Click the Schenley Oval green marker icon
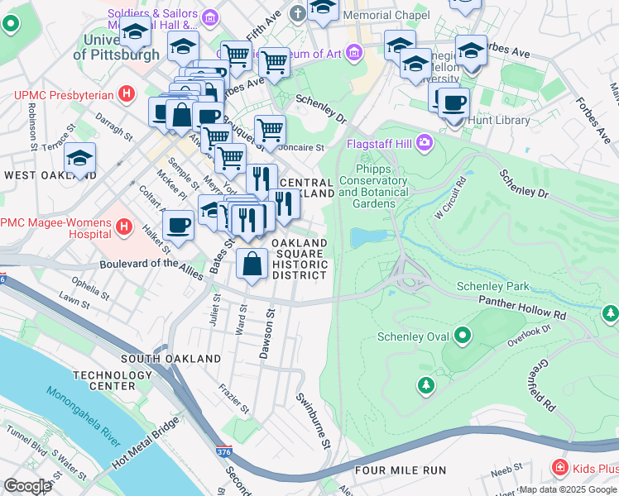pyautogui.click(x=462, y=336)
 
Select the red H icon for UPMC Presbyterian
pyautogui.click(x=127, y=94)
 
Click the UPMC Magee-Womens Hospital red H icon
pyautogui.click(x=124, y=226)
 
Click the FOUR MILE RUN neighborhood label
pyautogui.click(x=400, y=470)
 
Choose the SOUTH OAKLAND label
pyautogui.click(x=170, y=359)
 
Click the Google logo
pyautogui.click(x=27, y=485)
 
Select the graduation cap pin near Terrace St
pyautogui.click(x=79, y=158)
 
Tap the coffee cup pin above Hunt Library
pyautogui.click(x=453, y=103)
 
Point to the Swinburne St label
pyautogui.click(x=314, y=422)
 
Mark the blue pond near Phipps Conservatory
pyautogui.click(x=368, y=238)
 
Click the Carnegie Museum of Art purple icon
pyautogui.click(x=355, y=54)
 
